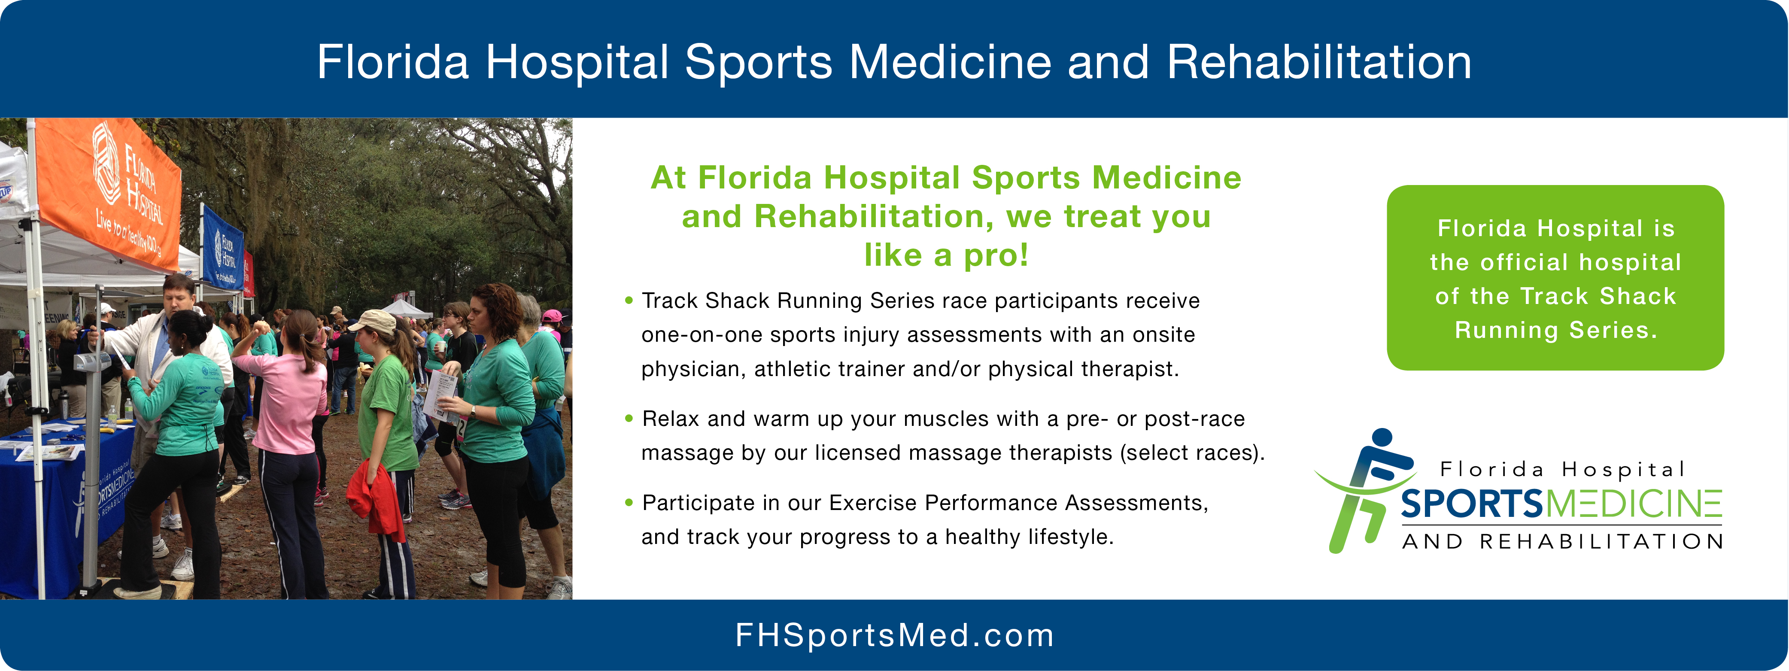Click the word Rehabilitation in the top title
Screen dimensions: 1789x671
click(x=1319, y=63)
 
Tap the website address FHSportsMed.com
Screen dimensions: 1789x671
click(x=895, y=635)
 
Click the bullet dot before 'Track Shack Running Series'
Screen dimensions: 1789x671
click(x=629, y=301)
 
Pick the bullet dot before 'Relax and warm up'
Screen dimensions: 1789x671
click(x=629, y=418)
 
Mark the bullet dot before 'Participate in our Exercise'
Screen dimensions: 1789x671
click(x=629, y=502)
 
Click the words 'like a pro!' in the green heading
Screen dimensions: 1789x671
click(x=946, y=255)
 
